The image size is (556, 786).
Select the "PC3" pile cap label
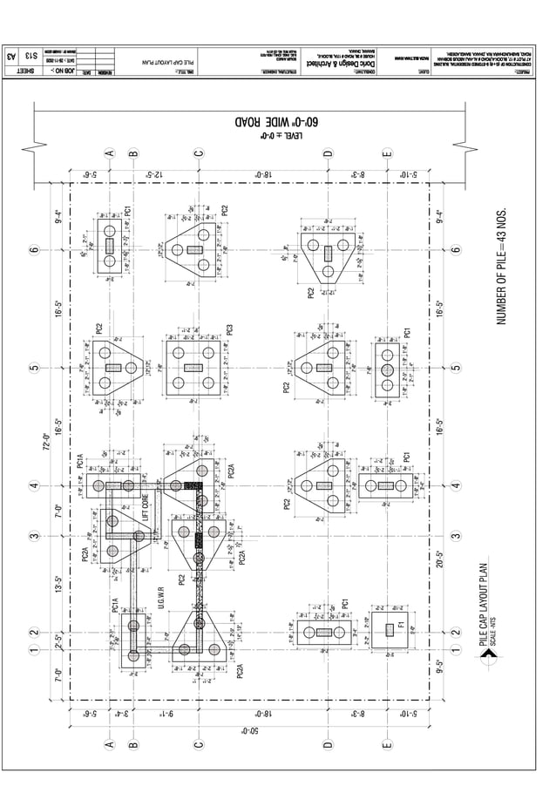coord(230,329)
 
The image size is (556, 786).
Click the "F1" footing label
coord(400,627)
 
